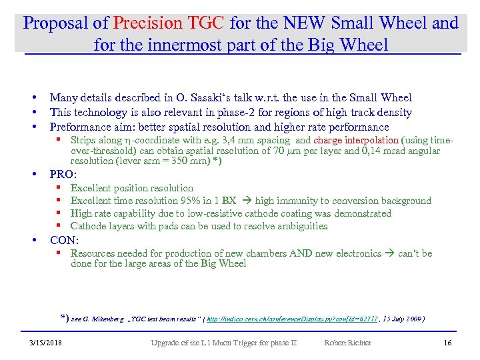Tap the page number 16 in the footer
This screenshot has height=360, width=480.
coord(447,343)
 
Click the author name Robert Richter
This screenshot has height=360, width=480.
coord(347,343)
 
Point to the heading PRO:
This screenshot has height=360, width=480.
coord(65,175)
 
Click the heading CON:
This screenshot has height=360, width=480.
coord(65,240)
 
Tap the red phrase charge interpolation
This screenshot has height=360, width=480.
coord(355,141)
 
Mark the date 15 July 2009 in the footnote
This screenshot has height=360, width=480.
coord(402,319)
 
